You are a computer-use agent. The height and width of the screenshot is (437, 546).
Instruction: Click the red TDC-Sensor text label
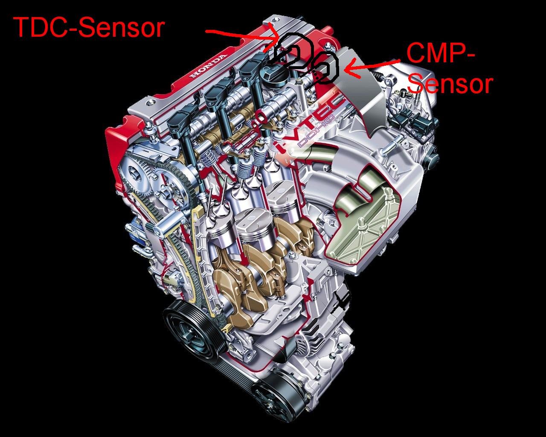pos(89,28)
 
